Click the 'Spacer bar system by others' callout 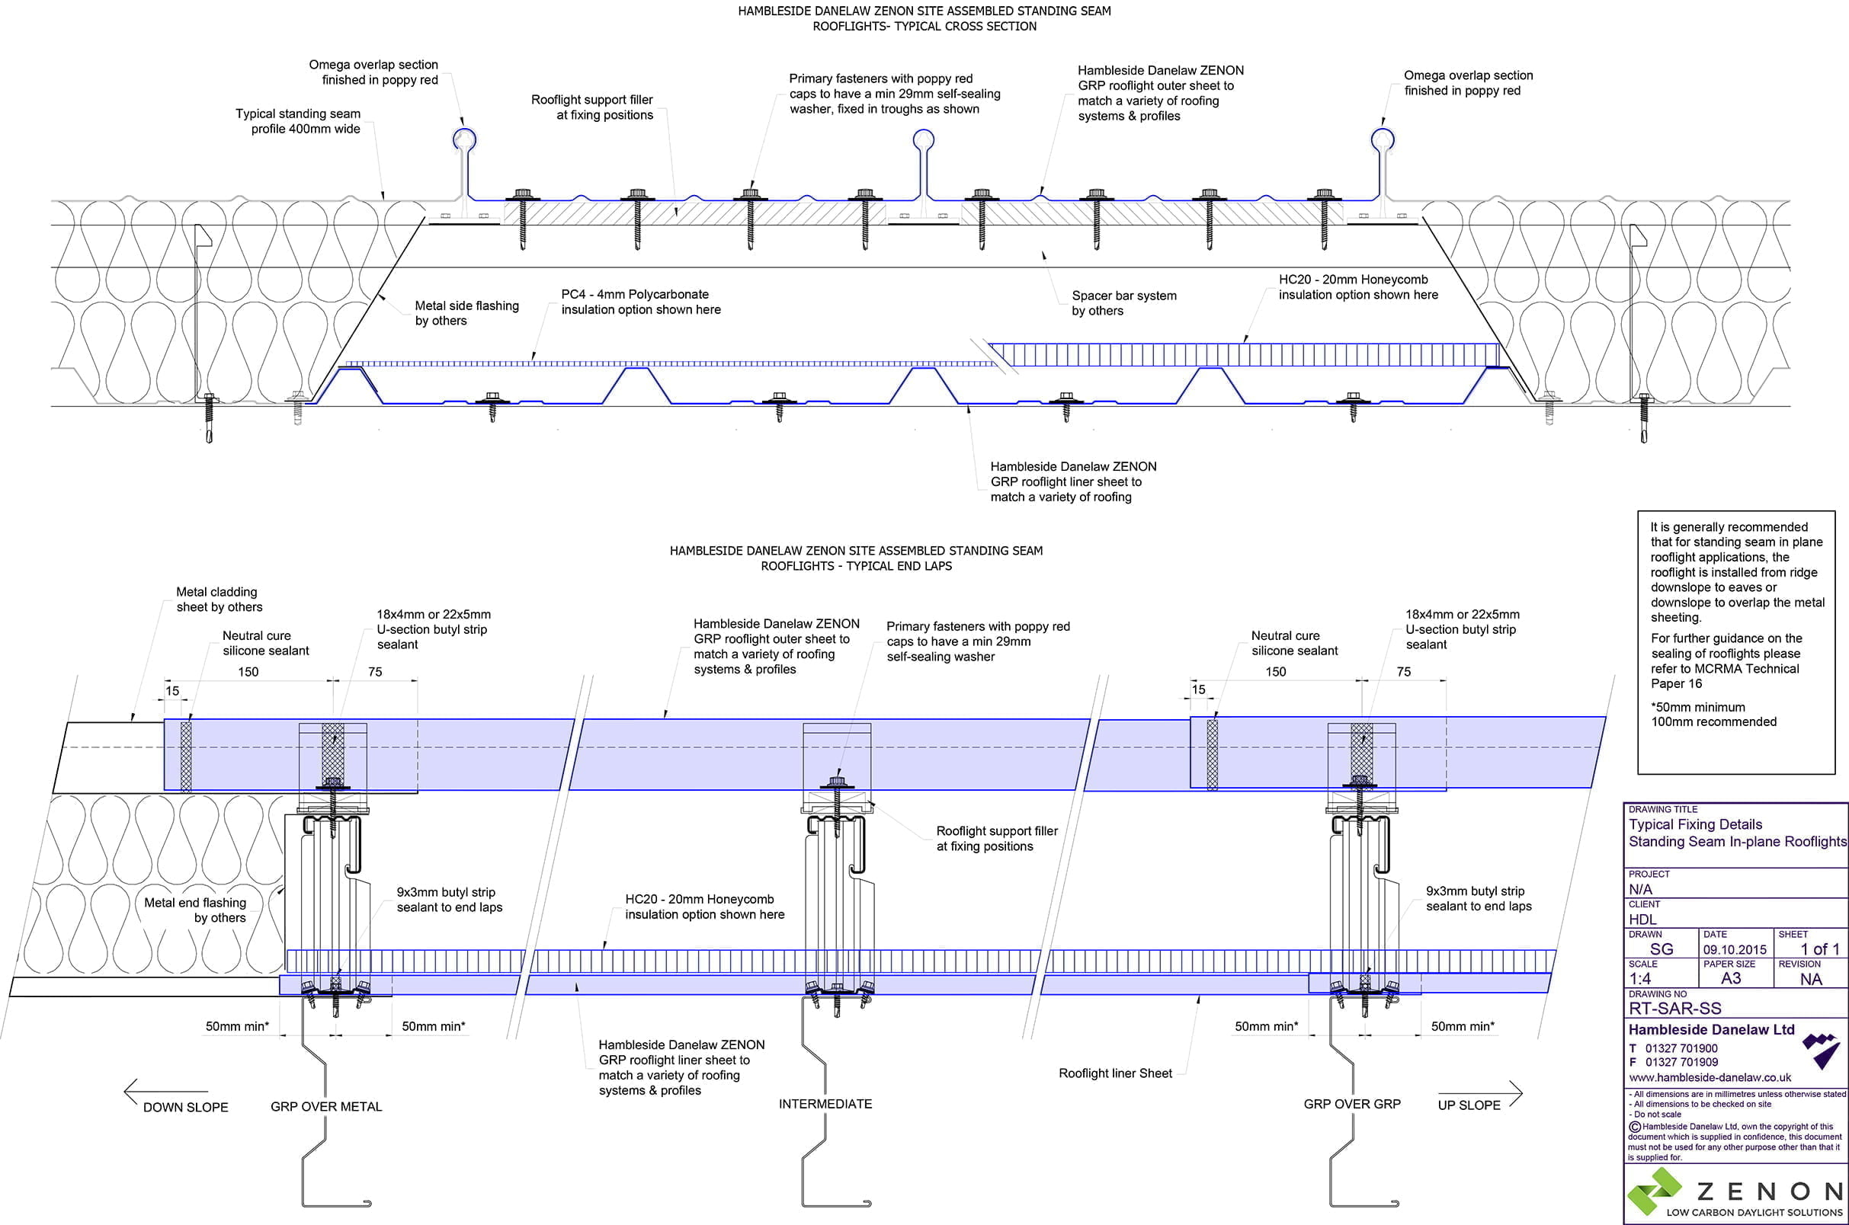1123,303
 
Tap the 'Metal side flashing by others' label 466,313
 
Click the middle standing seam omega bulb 924,140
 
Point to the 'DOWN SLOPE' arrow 165,1092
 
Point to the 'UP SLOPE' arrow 1480,1094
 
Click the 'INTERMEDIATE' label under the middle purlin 825,1104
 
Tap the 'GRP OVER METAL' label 326,1106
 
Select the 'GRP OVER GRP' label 1351,1104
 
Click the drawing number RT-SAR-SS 1674,1008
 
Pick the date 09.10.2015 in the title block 1734,950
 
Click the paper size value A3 1731,979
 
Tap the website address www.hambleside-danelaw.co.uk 1709,1077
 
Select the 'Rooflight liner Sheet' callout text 1114,1073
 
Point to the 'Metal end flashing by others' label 195,910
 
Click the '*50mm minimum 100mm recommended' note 1713,714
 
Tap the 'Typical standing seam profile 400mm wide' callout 299,121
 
